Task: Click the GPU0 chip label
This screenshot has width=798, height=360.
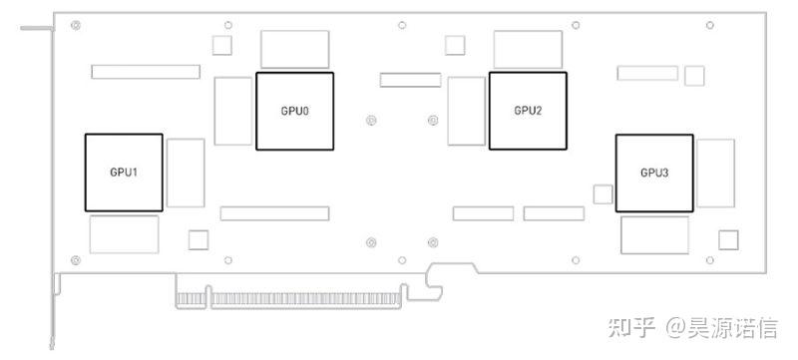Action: [x=294, y=110]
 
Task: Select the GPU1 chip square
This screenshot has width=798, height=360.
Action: [x=124, y=172]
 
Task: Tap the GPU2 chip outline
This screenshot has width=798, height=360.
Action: [x=528, y=110]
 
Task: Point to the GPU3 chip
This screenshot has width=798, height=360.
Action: [x=654, y=173]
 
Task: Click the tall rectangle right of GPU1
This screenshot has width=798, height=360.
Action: [x=186, y=173]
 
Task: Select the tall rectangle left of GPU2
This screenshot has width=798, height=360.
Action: [x=467, y=110]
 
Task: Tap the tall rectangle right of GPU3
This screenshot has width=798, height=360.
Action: [x=715, y=173]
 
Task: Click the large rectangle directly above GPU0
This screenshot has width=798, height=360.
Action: [x=294, y=49]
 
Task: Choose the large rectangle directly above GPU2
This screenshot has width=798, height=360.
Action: [x=528, y=49]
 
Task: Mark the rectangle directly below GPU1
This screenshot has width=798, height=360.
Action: [x=124, y=233]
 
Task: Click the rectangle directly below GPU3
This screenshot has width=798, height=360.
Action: [x=654, y=234]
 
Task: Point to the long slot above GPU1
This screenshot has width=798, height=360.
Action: [x=145, y=72]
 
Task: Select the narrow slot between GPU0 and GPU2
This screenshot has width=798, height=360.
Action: [x=410, y=79]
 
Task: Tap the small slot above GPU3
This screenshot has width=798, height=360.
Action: [x=646, y=72]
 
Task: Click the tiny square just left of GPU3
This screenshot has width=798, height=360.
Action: [x=601, y=192]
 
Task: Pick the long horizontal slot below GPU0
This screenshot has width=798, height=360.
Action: [x=274, y=213]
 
